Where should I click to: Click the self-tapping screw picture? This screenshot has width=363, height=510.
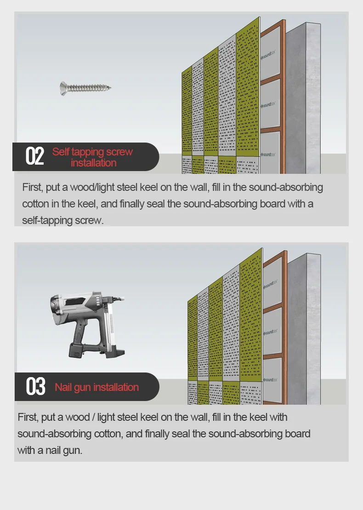(x=85, y=88)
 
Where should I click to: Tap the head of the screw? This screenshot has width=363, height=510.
(x=62, y=88)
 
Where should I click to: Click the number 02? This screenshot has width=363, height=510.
(x=34, y=156)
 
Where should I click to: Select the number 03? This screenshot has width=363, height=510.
(x=35, y=386)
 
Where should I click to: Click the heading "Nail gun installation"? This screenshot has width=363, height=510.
(x=96, y=387)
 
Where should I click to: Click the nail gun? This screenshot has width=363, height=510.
(x=88, y=325)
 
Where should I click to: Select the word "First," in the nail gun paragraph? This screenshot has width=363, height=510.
(x=28, y=417)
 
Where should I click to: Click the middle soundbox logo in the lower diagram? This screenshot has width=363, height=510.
(x=270, y=332)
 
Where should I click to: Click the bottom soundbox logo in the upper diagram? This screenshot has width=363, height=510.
(x=268, y=155)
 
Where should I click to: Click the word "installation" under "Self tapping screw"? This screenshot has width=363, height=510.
(x=94, y=163)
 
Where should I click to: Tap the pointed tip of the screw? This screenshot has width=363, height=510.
(x=110, y=87)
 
